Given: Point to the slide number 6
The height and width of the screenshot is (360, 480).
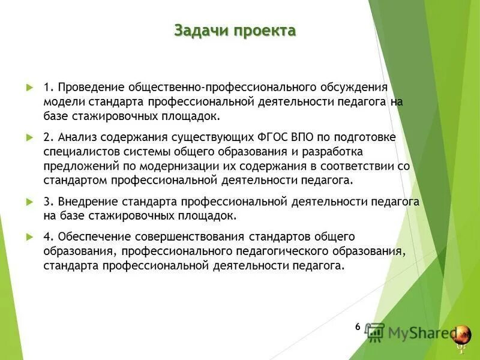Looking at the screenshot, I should (358, 327).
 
